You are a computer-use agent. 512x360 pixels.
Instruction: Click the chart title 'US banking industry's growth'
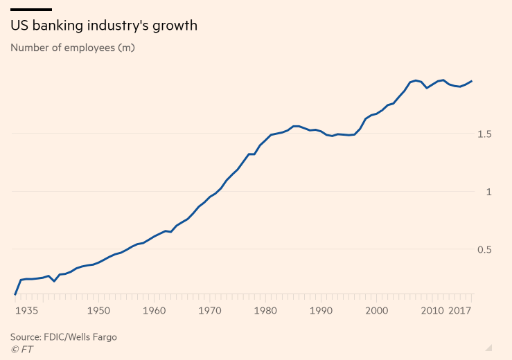[x=103, y=26]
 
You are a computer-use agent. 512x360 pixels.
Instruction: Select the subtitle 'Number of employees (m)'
[x=73, y=48]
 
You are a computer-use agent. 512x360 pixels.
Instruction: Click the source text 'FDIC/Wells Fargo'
[x=80, y=337]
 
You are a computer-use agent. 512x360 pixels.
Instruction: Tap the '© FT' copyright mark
[x=21, y=350]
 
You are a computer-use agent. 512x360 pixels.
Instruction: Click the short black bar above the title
[x=31, y=9]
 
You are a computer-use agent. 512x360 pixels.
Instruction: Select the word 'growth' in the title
[x=175, y=26]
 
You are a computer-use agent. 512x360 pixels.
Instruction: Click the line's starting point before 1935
[x=15, y=294]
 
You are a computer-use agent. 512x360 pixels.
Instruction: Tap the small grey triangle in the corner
[x=488, y=348]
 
